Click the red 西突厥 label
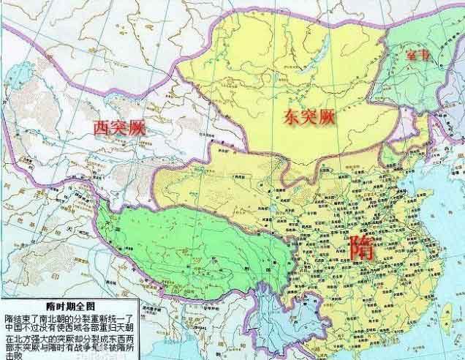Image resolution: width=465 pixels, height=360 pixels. click(118, 127)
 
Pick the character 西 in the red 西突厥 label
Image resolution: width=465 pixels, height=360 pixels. click(99, 127)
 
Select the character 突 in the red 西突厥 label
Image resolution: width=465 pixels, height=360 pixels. click(118, 127)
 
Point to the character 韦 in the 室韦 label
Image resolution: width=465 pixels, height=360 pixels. click(426, 55)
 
